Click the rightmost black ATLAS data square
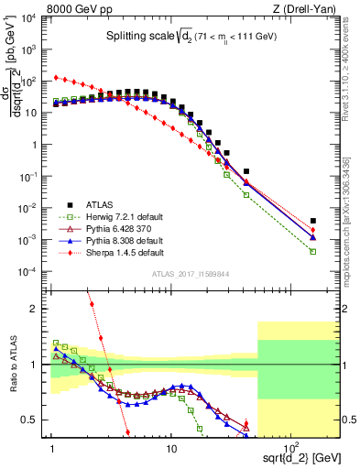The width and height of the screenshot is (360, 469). pyautogui.click(x=313, y=221)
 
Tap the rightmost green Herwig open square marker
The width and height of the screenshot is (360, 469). pyautogui.click(x=313, y=251)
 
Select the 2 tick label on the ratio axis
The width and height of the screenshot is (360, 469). pyautogui.click(x=35, y=309)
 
